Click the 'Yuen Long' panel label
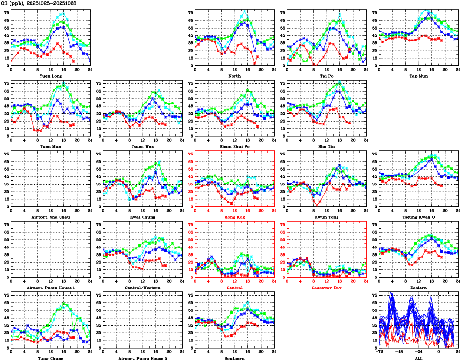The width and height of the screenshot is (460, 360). pos(51,75)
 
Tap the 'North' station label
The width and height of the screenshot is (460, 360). pos(235,75)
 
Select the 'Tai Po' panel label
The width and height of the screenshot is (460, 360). pos(327,75)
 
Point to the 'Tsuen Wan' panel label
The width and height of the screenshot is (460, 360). pos(143,146)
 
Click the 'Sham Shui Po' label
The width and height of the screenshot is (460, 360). pos(235,146)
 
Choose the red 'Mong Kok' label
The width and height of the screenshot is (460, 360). pos(235,216)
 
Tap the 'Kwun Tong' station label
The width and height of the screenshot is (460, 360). pos(327,216)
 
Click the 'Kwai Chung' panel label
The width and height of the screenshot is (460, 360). pos(143,216)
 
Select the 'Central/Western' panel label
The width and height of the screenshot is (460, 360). pos(143,287)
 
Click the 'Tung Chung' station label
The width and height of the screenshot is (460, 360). pos(51,358)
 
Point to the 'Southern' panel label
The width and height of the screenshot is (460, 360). pos(235,358)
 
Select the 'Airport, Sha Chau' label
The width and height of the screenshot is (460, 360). pos(51,216)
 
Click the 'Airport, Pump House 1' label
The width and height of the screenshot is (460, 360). pos(51,287)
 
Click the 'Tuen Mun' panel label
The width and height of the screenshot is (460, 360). pos(51,146)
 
